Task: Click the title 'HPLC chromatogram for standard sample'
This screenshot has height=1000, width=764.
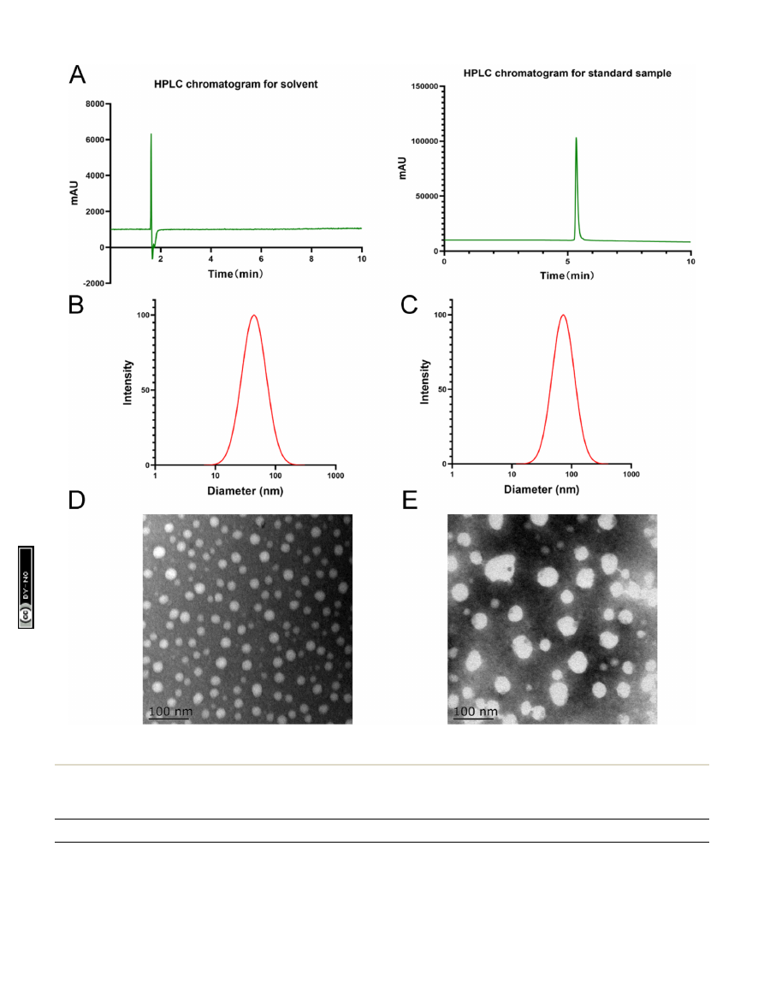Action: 567,74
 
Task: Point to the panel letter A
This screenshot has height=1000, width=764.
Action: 77,75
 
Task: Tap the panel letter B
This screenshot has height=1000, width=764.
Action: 76,306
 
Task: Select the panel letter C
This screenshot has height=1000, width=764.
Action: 410,306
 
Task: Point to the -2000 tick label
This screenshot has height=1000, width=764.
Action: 90,283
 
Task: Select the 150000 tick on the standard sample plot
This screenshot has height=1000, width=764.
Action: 425,86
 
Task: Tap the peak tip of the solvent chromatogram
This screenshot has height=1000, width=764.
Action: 151,134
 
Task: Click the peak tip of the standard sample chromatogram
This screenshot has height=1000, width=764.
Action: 576,138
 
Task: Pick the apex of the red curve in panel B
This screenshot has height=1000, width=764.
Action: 253,315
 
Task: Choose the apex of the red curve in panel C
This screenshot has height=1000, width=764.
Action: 563,315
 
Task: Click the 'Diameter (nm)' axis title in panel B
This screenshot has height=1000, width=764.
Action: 245,492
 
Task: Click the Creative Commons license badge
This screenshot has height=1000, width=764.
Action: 27,587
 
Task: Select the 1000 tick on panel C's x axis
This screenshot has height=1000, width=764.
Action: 631,476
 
